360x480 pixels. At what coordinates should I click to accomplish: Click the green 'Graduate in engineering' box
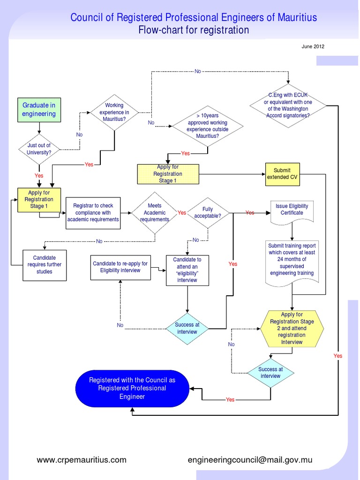tap(39, 110)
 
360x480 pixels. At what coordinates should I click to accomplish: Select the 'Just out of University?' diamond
tap(39, 149)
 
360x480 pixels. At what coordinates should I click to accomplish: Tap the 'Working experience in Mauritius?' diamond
tap(115, 112)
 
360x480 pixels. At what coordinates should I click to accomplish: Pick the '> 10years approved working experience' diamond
tap(207, 126)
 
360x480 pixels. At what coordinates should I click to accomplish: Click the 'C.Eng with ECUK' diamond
tap(288, 105)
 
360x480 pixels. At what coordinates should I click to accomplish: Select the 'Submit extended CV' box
tap(282, 174)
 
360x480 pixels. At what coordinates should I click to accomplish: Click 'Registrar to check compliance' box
tap(93, 212)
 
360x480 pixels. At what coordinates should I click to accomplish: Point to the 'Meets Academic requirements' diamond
tap(154, 212)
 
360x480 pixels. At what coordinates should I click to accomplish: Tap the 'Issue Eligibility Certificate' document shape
tap(292, 210)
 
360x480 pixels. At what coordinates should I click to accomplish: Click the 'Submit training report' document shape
tap(292, 260)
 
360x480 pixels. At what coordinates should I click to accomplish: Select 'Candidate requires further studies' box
tap(45, 265)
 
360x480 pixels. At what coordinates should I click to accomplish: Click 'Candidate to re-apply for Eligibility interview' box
tap(120, 267)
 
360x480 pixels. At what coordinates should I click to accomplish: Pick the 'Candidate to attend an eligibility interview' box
tap(187, 270)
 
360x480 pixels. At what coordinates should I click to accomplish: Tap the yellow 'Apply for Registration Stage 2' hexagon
tap(292, 328)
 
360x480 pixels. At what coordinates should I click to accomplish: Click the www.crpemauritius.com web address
tap(82, 460)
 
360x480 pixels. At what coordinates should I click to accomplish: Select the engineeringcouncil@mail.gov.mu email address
tap(250, 460)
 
